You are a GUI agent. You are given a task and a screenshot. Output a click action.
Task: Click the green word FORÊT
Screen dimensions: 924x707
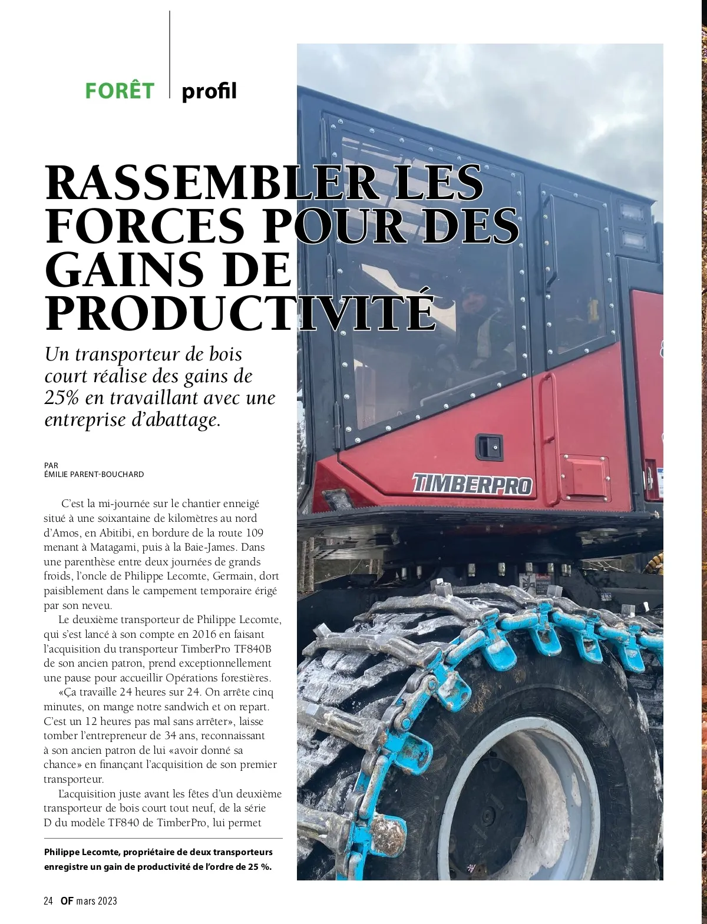point(120,91)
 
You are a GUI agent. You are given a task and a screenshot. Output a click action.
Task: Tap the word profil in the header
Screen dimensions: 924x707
point(209,91)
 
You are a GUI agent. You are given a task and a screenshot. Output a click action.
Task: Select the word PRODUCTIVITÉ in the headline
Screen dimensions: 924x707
point(240,313)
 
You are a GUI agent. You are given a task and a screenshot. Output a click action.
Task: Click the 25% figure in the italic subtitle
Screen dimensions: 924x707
point(62,398)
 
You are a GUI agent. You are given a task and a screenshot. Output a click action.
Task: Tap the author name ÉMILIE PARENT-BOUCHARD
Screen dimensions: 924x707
point(94,474)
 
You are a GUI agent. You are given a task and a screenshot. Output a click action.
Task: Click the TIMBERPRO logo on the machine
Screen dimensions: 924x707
point(472,484)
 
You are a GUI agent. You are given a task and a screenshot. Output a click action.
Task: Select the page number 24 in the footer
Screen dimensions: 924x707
point(48,901)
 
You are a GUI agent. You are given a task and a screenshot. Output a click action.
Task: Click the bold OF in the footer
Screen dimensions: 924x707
point(67,901)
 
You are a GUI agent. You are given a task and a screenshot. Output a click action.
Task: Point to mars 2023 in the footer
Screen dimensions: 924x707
point(97,901)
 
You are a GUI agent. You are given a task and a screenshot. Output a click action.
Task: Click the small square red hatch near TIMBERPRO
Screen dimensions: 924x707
point(585,475)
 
